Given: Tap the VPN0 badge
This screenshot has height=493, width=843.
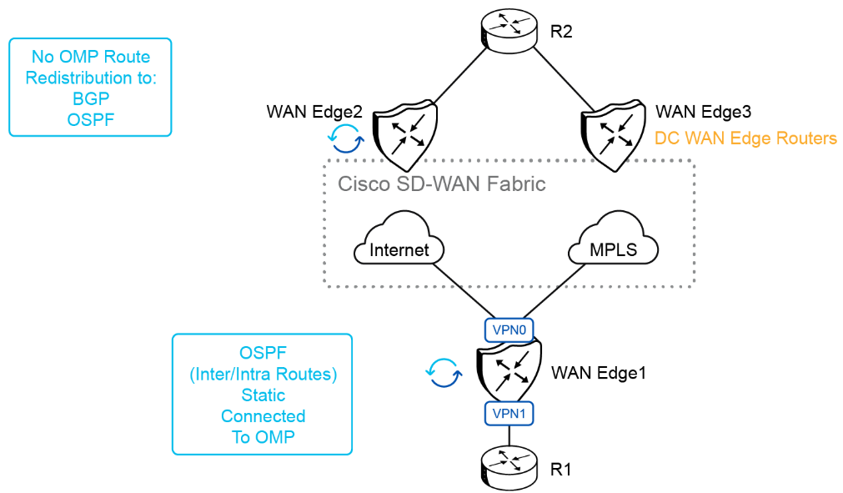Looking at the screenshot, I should (x=508, y=330).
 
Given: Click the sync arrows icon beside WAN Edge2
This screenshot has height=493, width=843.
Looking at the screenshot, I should (x=345, y=138).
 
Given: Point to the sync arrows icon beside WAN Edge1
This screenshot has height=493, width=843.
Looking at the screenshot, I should (x=444, y=372).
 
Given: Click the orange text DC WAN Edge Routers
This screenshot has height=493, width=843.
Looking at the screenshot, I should (x=745, y=138).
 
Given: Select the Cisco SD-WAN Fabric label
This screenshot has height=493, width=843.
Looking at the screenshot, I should (x=441, y=184).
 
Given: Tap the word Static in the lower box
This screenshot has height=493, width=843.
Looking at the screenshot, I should (x=263, y=395).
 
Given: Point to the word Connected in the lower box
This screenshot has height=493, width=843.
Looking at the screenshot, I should (x=263, y=415).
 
